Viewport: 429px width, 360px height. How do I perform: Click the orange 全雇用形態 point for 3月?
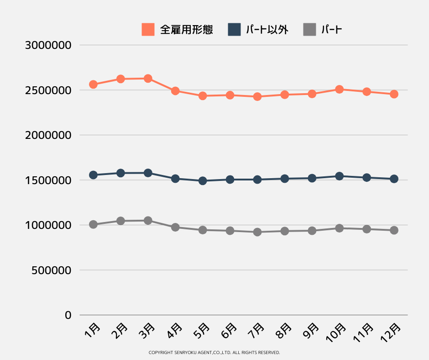(148, 79)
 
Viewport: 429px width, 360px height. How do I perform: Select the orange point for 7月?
(257, 97)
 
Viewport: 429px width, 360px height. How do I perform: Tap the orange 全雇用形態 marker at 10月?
(339, 89)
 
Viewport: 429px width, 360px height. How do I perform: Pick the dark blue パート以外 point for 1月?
(94, 175)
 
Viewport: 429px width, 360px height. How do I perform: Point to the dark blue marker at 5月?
(203, 181)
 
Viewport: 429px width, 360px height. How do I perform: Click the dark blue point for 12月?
(394, 179)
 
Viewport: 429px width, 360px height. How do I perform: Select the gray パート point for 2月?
(120, 221)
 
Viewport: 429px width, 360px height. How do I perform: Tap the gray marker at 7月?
(257, 232)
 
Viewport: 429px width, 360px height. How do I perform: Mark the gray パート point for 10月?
(339, 228)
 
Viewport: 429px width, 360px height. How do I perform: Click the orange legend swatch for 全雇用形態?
(148, 30)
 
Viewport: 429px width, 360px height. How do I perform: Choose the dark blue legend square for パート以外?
(234, 30)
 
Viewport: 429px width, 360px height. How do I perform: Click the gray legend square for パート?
(309, 30)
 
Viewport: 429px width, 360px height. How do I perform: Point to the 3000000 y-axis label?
(49, 45)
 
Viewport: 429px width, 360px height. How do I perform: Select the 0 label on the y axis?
(68, 315)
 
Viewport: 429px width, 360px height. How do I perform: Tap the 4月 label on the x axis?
(175, 330)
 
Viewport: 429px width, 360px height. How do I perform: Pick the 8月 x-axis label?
(284, 330)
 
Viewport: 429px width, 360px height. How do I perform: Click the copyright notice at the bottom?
(214, 353)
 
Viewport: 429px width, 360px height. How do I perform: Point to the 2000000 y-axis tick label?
(49, 135)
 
